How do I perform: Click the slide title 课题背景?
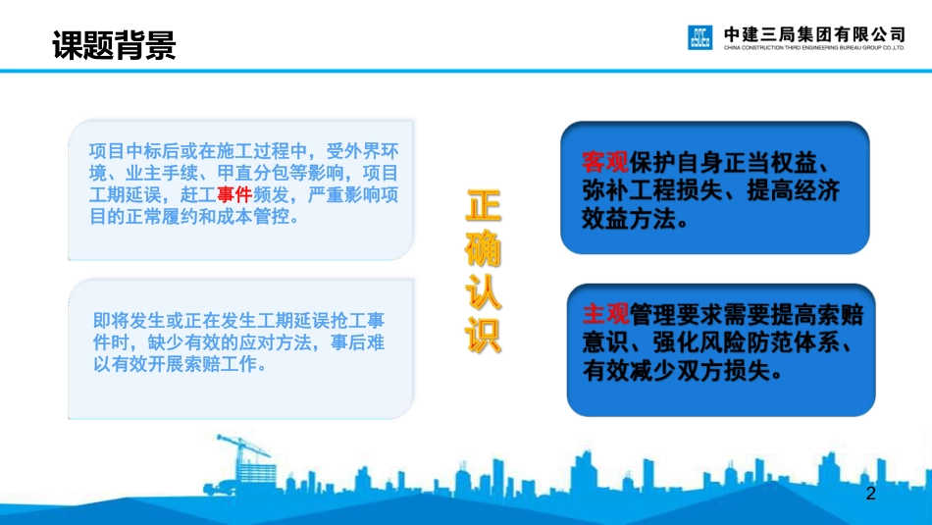click(x=114, y=44)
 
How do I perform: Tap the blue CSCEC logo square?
click(x=699, y=37)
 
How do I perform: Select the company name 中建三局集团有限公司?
click(x=813, y=34)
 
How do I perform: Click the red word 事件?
click(x=234, y=194)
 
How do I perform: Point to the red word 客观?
click(x=605, y=162)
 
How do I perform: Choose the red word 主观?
click(x=605, y=315)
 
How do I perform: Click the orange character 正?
click(x=483, y=206)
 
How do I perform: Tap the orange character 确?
click(x=483, y=246)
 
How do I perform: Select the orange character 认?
click(x=483, y=291)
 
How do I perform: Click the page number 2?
click(x=871, y=493)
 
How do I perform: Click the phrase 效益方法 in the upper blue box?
click(x=629, y=219)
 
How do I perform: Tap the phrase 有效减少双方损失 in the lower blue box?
click(x=676, y=371)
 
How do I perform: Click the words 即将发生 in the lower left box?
click(x=129, y=321)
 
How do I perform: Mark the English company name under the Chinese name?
click(x=813, y=47)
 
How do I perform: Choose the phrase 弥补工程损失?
click(x=652, y=190)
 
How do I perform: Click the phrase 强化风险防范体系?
click(x=746, y=343)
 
